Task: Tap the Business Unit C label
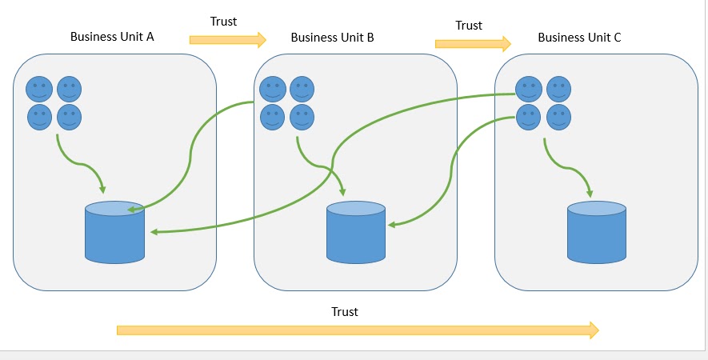click(x=579, y=38)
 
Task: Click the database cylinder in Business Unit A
click(x=114, y=233)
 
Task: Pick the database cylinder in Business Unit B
click(x=356, y=233)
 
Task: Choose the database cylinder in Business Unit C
click(x=597, y=233)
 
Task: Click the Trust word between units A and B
click(x=223, y=22)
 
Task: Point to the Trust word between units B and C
click(x=469, y=26)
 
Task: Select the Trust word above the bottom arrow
click(x=345, y=311)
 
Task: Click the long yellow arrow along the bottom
click(x=357, y=330)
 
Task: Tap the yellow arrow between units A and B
click(x=227, y=38)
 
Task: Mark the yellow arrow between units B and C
click(x=473, y=42)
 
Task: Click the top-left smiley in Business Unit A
click(x=39, y=89)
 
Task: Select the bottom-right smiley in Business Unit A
click(x=69, y=118)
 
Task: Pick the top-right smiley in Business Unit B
click(x=302, y=89)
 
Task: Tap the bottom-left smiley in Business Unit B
click(x=273, y=118)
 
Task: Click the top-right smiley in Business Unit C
click(x=558, y=89)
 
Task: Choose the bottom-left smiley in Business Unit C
click(x=528, y=118)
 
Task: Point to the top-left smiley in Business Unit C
click(x=528, y=89)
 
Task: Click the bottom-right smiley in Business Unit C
click(x=558, y=118)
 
